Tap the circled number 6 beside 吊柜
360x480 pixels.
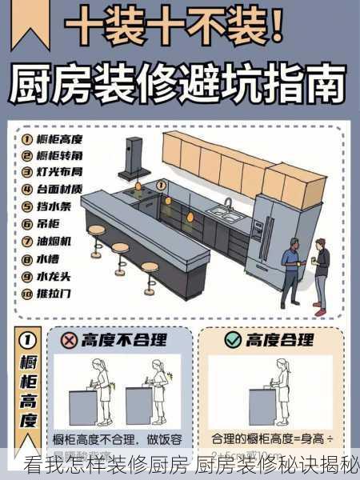26,223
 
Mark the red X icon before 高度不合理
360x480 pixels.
70,340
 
